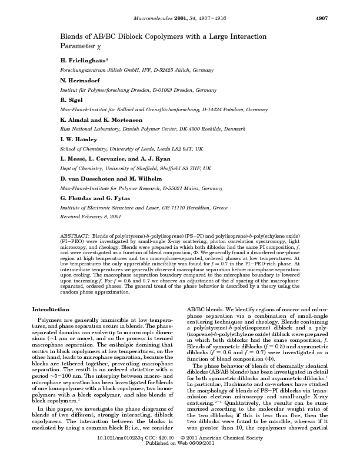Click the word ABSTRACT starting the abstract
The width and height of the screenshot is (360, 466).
[75, 234]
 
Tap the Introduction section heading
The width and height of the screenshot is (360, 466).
[51, 309]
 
